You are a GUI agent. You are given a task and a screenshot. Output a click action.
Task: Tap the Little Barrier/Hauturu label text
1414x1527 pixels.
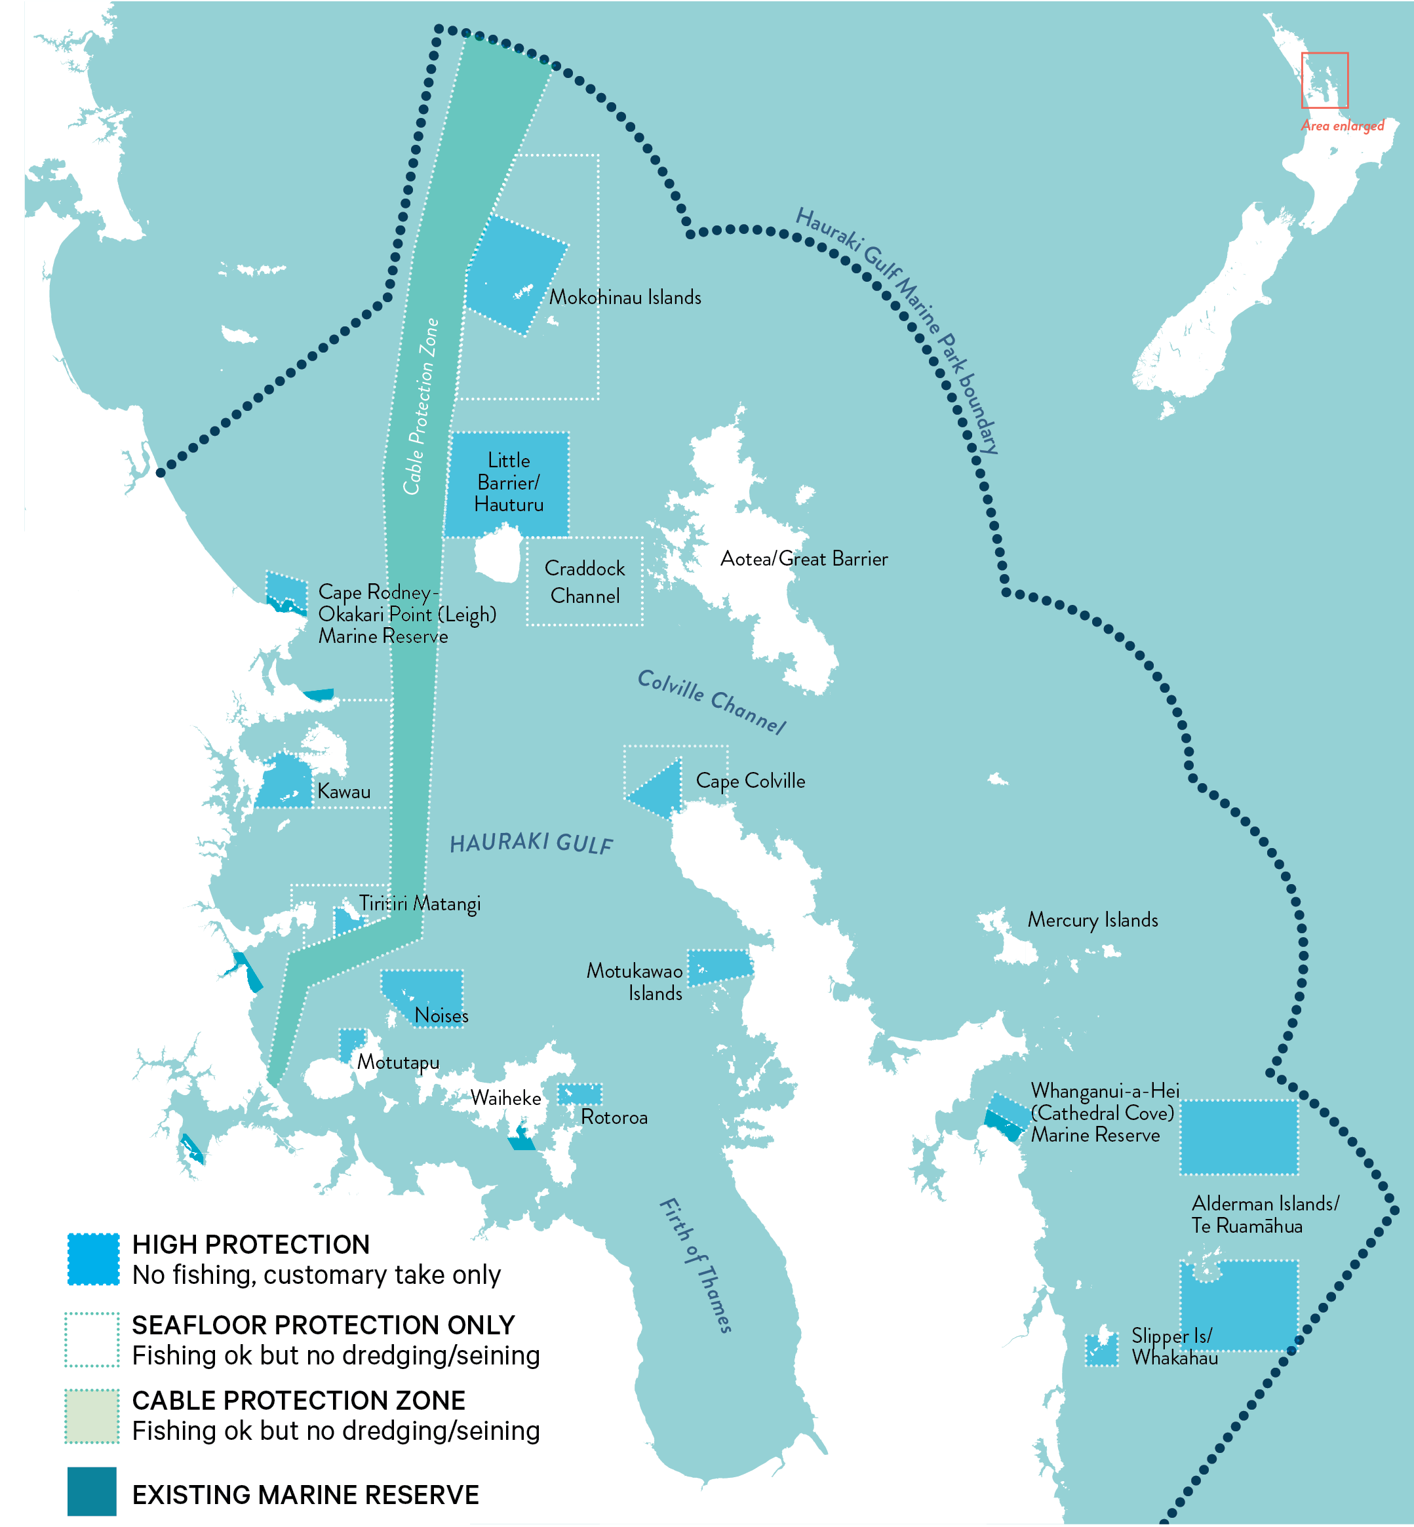point(509,482)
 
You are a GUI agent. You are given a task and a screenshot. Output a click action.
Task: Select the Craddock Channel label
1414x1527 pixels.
point(585,582)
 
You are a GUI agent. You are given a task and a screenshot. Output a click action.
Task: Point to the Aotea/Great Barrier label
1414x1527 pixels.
point(804,559)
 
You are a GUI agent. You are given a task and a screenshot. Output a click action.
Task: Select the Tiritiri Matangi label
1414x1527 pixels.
point(420,904)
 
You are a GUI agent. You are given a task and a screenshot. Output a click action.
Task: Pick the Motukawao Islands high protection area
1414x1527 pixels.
point(719,968)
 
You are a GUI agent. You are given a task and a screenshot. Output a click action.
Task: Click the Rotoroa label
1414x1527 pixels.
point(614,1117)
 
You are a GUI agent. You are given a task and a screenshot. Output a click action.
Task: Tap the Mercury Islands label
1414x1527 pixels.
point(1092,919)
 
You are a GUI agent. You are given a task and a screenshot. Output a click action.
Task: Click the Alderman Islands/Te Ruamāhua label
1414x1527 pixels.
point(1264,1215)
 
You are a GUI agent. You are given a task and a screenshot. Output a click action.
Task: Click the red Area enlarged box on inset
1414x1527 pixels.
point(1324,81)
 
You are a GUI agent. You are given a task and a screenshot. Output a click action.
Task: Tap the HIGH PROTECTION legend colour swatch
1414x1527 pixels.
point(93,1259)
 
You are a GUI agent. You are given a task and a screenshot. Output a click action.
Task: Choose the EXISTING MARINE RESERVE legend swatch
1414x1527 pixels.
point(92,1491)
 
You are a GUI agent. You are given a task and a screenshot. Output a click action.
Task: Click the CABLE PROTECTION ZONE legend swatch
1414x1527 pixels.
point(92,1416)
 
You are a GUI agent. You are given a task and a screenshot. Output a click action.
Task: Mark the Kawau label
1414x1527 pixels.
point(344,792)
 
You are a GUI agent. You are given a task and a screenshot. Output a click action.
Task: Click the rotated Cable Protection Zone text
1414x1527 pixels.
point(421,407)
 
